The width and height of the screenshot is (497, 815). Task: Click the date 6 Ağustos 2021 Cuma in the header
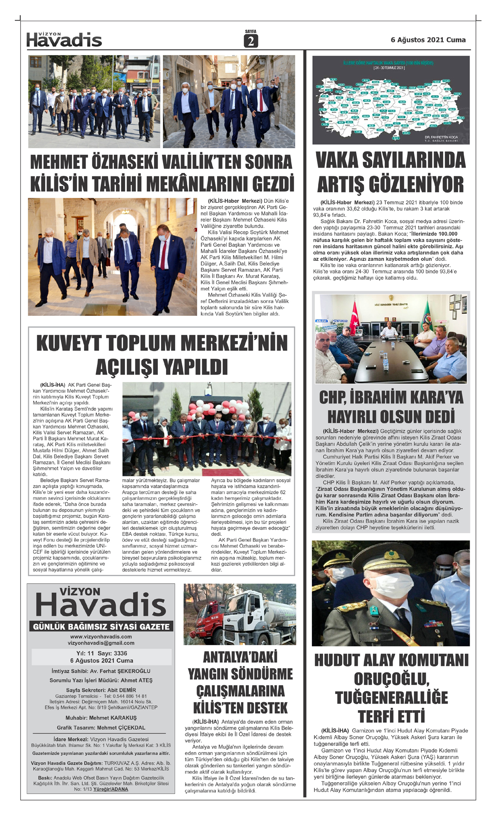pos(428,40)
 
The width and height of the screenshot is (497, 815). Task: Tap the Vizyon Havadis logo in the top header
pos(64,40)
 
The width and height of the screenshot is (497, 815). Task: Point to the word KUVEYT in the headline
pos(69,344)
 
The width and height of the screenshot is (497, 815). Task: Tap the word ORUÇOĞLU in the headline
pos(391,679)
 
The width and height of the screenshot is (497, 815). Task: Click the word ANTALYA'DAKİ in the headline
pos(240,657)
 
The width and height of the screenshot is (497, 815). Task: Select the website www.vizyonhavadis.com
pos(101,637)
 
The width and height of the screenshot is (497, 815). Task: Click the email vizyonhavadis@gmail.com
pos(101,643)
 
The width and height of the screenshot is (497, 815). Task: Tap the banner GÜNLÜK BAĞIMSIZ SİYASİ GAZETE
pos(101,627)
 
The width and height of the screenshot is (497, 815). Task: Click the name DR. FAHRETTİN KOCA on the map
pos(441,137)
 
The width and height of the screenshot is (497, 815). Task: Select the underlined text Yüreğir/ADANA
pos(111,789)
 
